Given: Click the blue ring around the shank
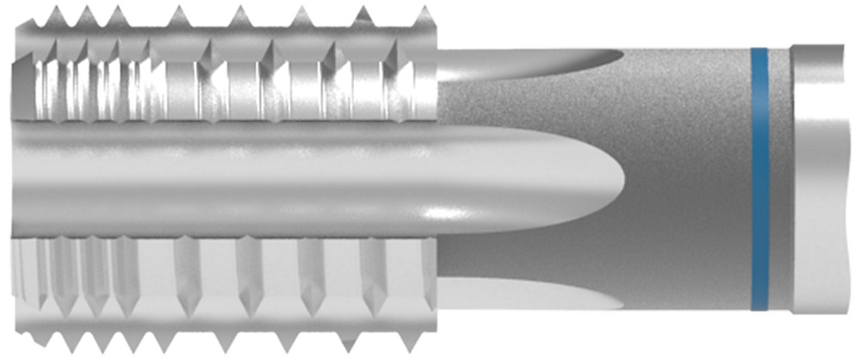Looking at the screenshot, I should coord(759,179).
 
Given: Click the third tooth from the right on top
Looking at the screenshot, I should coord(301,16).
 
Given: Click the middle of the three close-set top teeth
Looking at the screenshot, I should coord(87,16).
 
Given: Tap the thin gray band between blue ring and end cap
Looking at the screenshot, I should coord(780,179).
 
